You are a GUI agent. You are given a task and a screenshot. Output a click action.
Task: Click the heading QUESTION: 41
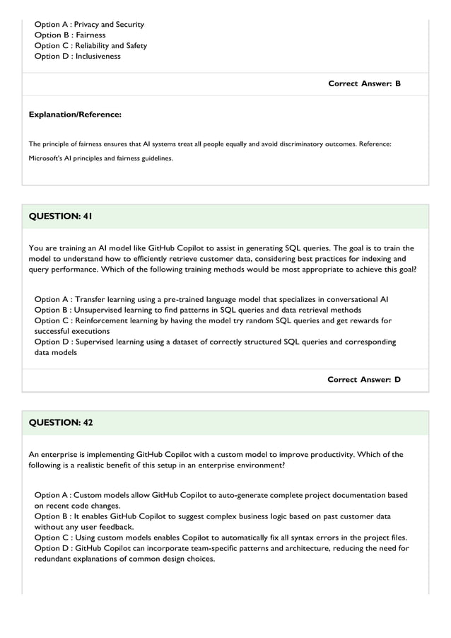[60, 216]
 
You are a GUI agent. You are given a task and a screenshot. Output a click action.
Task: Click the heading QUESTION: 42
[60, 423]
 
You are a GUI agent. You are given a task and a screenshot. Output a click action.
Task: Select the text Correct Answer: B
[364, 83]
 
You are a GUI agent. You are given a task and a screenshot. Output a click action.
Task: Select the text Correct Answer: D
[364, 380]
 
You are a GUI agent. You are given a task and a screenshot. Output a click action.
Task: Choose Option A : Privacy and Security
[89, 25]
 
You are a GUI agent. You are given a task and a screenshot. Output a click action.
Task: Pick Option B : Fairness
[70, 35]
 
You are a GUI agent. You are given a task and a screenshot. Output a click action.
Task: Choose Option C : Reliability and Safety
[90, 46]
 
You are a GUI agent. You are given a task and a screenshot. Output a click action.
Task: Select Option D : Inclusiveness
[77, 57]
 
